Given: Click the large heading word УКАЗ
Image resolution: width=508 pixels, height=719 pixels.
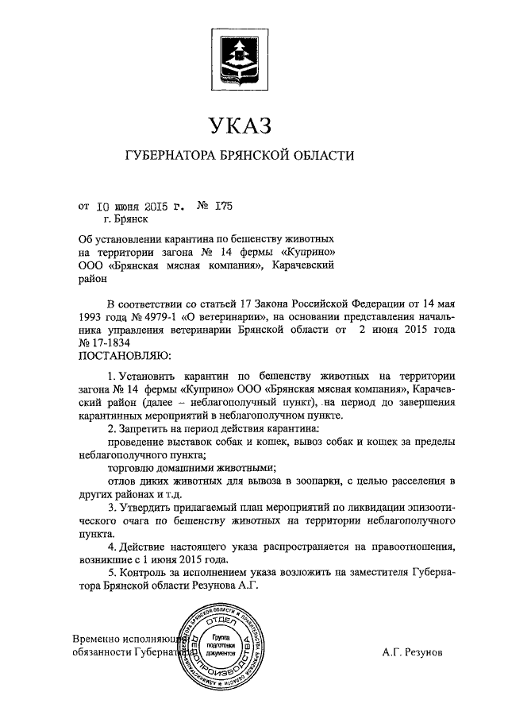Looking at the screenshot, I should [x=241, y=125].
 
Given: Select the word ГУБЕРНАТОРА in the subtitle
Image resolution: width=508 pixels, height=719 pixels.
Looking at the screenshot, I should [x=174, y=157].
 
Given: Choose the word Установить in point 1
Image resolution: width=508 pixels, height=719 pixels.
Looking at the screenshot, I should [x=144, y=374].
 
